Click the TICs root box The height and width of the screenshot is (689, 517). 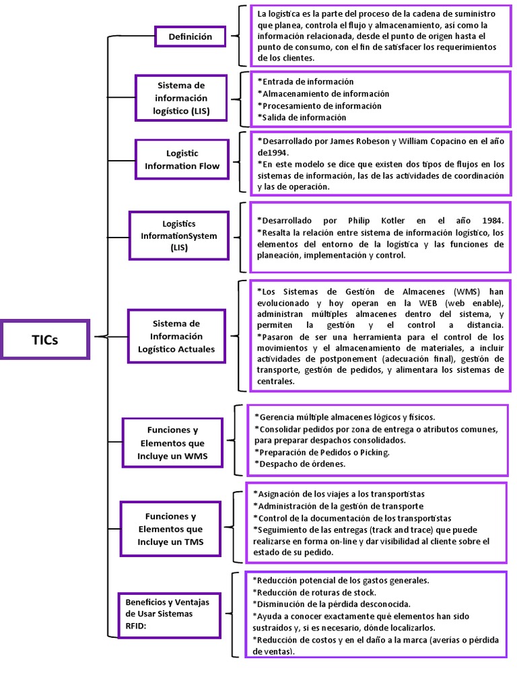pos(45,339)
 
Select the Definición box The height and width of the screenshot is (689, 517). pos(190,36)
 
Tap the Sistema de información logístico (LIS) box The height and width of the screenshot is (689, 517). pos(181,98)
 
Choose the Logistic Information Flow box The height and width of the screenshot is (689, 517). pos(182,159)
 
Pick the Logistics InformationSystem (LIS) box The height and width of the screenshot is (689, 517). pos(179,235)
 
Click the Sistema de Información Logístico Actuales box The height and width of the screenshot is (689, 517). pos(176,336)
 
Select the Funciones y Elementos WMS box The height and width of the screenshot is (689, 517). pos(172,443)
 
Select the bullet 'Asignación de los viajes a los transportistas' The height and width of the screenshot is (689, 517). pos(339,493)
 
